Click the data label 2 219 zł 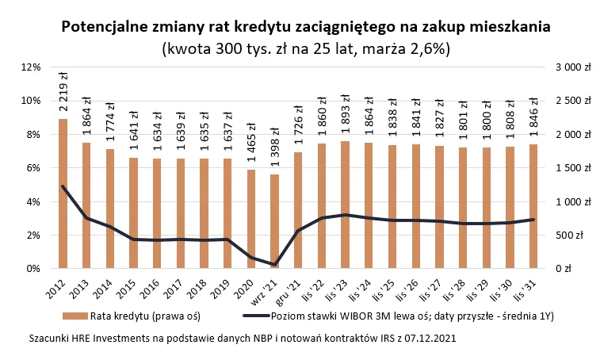63,91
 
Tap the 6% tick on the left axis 32,168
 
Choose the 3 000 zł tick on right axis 573,67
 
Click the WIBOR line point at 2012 63,186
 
